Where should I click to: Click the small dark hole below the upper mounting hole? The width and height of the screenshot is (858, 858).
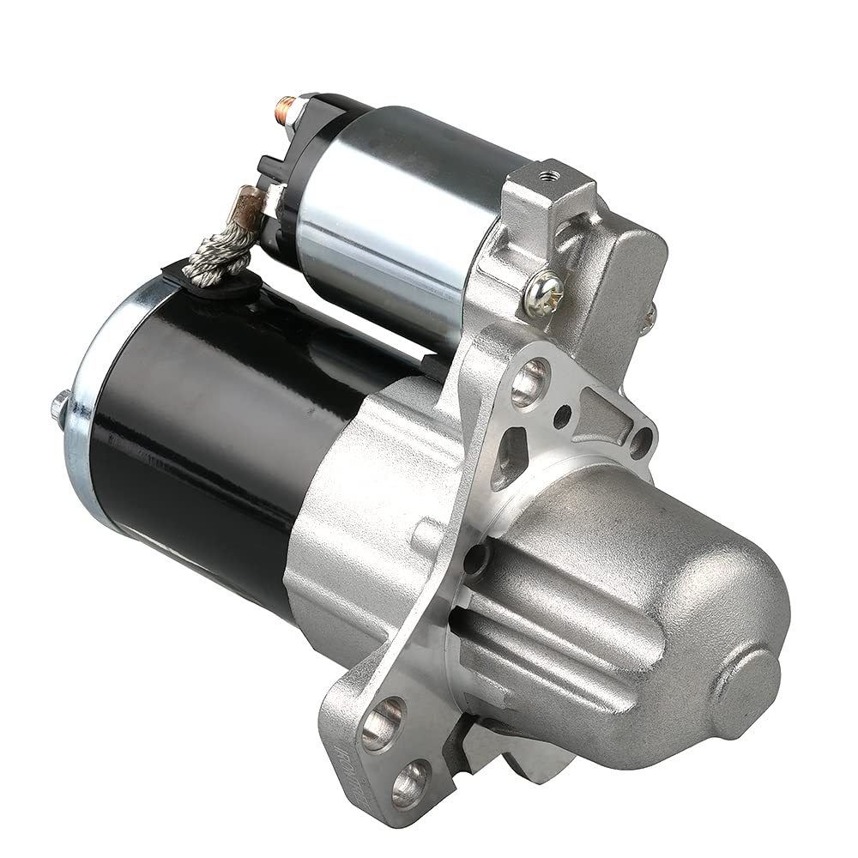562,418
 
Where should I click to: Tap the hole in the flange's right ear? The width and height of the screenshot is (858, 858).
639,443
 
